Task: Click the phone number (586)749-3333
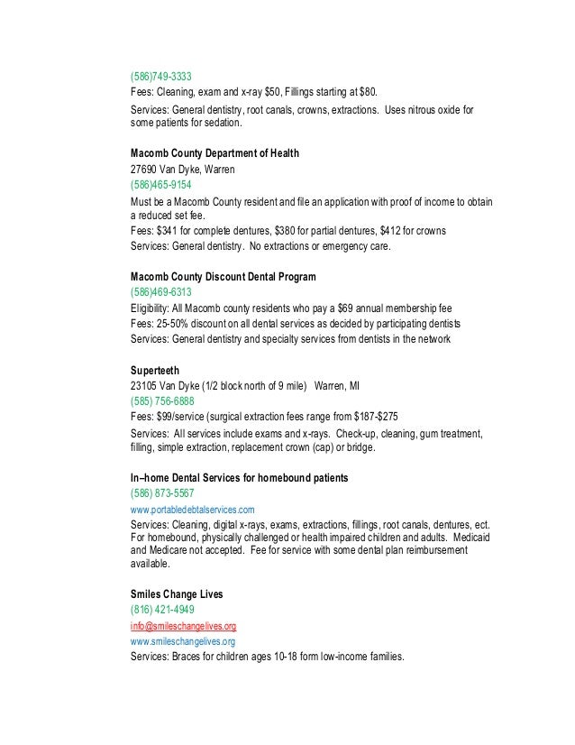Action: (160, 76)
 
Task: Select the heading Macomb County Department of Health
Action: (214, 153)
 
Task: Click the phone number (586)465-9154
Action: (160, 185)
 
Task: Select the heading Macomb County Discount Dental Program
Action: (223, 276)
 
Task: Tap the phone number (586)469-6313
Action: (160, 292)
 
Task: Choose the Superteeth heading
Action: (155, 370)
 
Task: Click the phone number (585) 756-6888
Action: (162, 401)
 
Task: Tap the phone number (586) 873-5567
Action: (162, 493)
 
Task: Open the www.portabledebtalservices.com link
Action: (192, 510)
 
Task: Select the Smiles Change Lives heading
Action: (177, 594)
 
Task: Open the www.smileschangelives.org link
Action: (182, 641)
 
